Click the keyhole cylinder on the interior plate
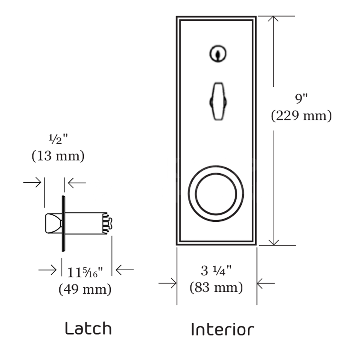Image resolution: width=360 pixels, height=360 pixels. click(x=217, y=54)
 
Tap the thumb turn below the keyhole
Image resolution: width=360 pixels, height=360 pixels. click(x=218, y=101)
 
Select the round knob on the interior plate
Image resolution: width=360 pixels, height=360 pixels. click(x=216, y=193)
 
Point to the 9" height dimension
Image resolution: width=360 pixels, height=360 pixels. click(x=301, y=98)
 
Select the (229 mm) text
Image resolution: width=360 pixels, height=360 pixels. click(x=301, y=116)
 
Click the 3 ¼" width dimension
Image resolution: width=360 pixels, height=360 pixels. click(x=216, y=271)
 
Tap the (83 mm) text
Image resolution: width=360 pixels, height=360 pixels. click(x=216, y=287)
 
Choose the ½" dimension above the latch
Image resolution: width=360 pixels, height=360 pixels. click(x=58, y=139)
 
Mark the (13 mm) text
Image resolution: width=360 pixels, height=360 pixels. click(x=58, y=156)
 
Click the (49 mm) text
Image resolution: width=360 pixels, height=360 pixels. click(x=85, y=289)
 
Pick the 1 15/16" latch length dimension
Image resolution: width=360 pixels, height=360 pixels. click(x=85, y=272)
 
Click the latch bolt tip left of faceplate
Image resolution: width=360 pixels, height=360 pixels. click(x=53, y=223)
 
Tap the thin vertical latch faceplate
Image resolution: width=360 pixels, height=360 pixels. click(x=63, y=223)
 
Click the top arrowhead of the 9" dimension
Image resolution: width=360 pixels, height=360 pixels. click(x=273, y=19)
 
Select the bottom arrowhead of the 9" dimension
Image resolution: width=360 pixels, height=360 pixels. click(x=274, y=242)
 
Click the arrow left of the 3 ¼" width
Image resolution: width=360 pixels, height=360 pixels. click(x=168, y=283)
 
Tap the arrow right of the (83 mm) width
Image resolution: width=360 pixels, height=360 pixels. click(x=265, y=283)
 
